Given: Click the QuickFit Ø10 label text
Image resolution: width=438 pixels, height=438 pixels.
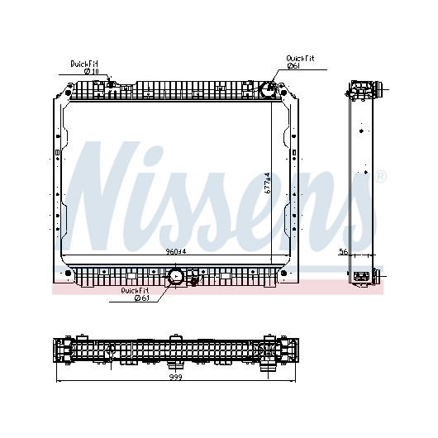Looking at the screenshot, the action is [84, 67].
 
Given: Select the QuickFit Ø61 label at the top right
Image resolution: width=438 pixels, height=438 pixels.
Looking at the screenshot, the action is [300, 62].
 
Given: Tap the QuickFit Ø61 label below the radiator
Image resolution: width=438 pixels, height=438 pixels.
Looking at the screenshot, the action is [135, 294].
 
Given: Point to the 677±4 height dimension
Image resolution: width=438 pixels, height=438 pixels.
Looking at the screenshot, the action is [267, 183].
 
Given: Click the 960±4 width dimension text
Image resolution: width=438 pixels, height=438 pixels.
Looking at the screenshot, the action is [176, 252].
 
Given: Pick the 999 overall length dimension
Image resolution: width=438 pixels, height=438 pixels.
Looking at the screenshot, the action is [176, 377].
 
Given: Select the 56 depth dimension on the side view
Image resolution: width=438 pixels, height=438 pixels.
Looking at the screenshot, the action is [343, 252].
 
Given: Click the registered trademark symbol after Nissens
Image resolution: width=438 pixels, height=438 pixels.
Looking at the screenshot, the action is [380, 177].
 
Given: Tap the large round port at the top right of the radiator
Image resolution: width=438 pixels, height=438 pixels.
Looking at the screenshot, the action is [268, 89].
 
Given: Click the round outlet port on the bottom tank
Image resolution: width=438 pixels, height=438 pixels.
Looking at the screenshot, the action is [175, 276].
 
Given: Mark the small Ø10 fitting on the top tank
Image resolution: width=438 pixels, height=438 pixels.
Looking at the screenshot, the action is [111, 83].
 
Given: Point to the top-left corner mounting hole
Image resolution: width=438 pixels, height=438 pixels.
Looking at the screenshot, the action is [68, 93].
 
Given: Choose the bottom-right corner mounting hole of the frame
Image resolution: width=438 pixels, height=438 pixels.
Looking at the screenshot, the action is [283, 273].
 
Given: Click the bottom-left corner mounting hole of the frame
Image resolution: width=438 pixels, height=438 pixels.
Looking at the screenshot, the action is [68, 273].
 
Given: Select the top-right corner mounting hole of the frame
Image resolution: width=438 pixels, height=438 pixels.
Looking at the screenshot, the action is [283, 93].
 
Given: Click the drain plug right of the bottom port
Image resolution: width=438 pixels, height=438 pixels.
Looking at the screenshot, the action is [193, 283].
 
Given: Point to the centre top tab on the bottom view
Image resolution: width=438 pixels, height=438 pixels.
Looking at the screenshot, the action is [176, 337].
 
